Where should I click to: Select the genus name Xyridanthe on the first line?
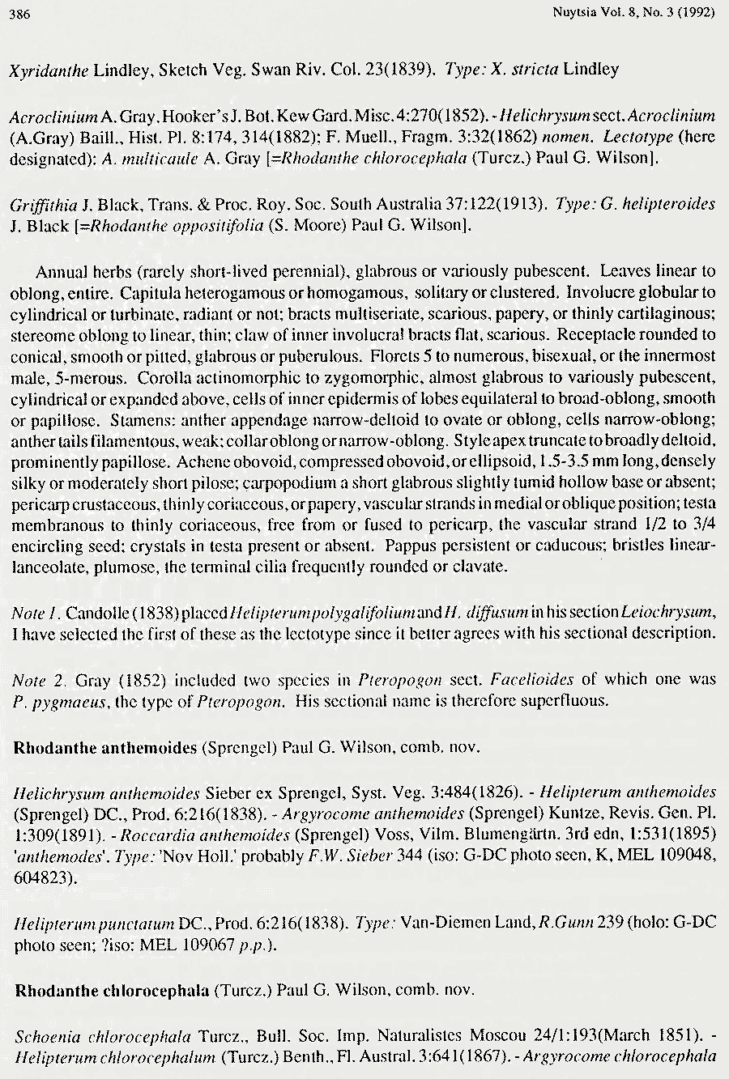(49, 70)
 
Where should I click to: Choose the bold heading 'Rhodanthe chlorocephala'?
(112, 990)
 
